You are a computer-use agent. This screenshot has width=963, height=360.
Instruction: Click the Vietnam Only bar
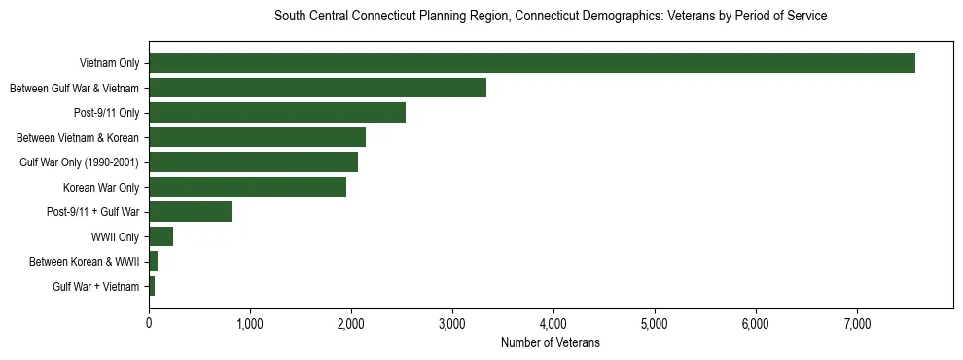pyautogui.click(x=532, y=63)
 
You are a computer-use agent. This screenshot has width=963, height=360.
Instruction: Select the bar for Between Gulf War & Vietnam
pyautogui.click(x=317, y=88)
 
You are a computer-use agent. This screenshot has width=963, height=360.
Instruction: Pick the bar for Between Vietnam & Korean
pyautogui.click(x=257, y=137)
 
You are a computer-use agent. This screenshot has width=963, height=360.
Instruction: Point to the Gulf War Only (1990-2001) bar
pyautogui.click(x=253, y=162)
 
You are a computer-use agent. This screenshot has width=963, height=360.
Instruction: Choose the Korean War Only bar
pyautogui.click(x=247, y=187)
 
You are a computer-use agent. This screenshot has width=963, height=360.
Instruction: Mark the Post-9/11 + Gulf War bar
pyautogui.click(x=191, y=212)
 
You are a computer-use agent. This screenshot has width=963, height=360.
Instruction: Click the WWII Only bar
pyautogui.click(x=160, y=236)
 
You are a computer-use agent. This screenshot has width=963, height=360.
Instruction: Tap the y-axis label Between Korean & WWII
pyautogui.click(x=85, y=262)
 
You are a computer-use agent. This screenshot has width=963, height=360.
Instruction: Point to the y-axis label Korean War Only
pyautogui.click(x=101, y=188)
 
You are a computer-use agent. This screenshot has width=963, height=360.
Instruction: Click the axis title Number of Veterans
pyautogui.click(x=551, y=342)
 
